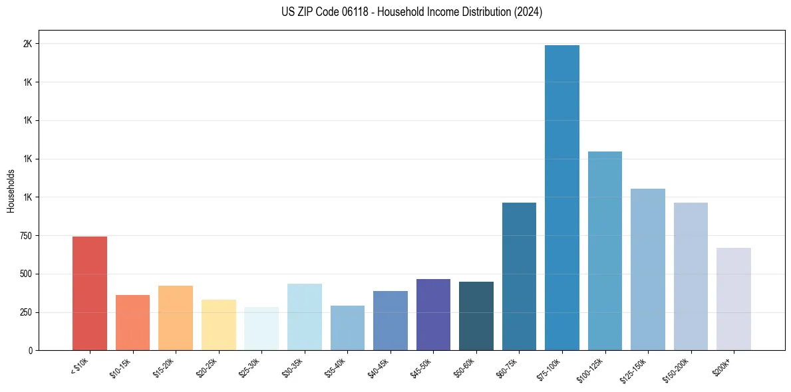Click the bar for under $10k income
[89, 293]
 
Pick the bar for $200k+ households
[734, 299]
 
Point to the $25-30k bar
[261, 328]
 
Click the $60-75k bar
[519, 276]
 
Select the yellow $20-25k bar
[218, 325]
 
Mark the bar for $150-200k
[691, 276]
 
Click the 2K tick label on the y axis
[27, 44]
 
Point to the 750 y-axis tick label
[25, 236]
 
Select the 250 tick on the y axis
[25, 312]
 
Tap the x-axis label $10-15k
[120, 367]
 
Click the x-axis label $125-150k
[633, 369]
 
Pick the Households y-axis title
[11, 191]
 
